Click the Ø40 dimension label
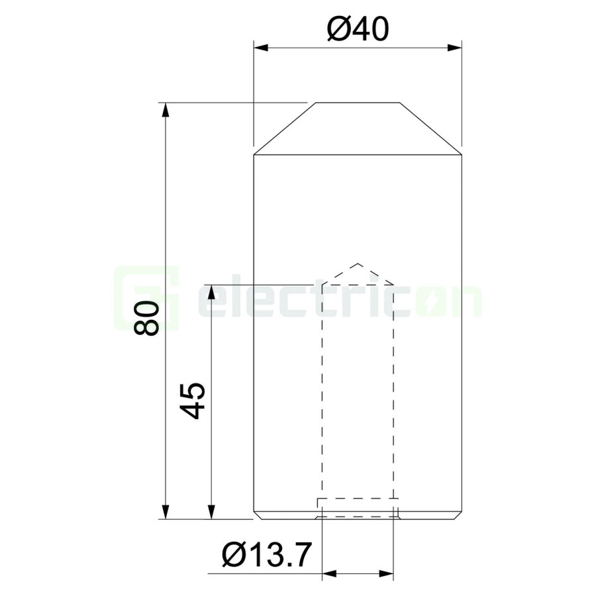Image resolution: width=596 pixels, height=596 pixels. (358, 28)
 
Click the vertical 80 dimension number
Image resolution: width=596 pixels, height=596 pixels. (147, 318)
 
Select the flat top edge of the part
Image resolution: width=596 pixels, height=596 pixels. (358, 103)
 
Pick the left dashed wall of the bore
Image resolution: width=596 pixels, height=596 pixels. (322, 391)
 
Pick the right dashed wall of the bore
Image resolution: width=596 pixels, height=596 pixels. (395, 391)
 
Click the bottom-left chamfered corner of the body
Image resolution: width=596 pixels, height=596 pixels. (256, 516)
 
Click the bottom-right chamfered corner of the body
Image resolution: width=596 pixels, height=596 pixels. (459, 516)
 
